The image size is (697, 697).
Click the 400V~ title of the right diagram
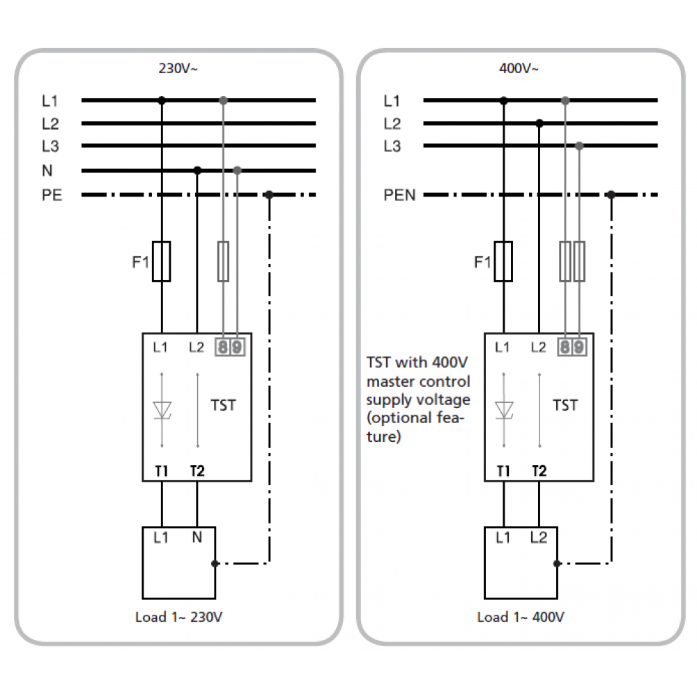click(x=519, y=69)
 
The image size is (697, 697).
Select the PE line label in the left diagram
click(x=52, y=194)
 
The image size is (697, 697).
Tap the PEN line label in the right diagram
click(x=399, y=194)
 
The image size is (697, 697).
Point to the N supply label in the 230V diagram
click(x=47, y=171)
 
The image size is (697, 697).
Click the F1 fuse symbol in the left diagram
click(x=162, y=261)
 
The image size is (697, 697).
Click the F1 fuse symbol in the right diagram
click(x=503, y=261)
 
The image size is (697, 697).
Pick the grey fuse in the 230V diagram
click(x=223, y=261)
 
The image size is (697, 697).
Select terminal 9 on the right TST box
click(x=579, y=346)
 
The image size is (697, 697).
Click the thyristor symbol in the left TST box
click(x=162, y=409)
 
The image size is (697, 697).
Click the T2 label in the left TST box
click(x=197, y=471)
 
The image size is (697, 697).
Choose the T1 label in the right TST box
click(x=503, y=471)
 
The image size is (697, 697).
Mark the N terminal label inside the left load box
click(x=197, y=537)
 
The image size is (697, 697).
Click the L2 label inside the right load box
click(x=539, y=537)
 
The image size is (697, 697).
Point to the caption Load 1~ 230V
click(x=179, y=617)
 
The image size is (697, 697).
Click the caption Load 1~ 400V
click(x=521, y=617)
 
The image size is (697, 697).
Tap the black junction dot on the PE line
click(x=269, y=194)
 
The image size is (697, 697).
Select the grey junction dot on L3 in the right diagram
click(x=579, y=146)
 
